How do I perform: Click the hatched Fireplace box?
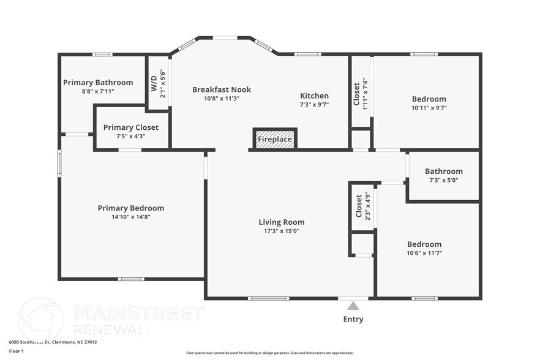(x=275, y=139)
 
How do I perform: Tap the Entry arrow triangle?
(x=353, y=306)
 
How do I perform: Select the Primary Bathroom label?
(x=98, y=83)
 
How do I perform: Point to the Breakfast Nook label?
(x=222, y=89)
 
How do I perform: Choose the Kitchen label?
(x=314, y=96)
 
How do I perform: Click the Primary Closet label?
(x=130, y=127)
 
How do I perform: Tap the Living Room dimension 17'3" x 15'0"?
(x=282, y=231)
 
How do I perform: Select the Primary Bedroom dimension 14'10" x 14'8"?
(x=131, y=217)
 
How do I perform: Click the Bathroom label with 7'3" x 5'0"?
(x=444, y=171)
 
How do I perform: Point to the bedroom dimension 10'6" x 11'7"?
(x=424, y=253)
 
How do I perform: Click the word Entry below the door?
(x=353, y=319)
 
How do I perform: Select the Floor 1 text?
(x=16, y=351)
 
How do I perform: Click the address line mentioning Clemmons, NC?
(x=53, y=342)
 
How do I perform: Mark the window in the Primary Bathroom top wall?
(x=102, y=54)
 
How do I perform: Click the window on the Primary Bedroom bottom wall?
(x=131, y=279)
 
